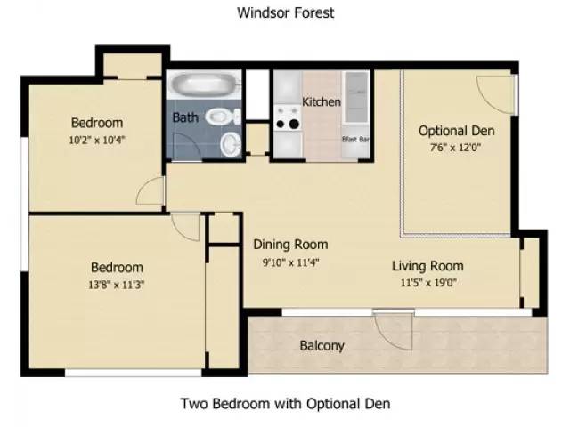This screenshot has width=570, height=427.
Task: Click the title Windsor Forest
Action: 285,12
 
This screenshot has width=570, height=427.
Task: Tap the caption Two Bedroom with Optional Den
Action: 285,402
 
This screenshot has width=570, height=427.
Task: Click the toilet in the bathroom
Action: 220,116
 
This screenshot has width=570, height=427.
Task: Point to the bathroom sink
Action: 230,142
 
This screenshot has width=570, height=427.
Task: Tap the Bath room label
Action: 185,117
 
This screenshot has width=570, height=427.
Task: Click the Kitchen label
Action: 321,101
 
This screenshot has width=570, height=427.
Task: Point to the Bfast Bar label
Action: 355,140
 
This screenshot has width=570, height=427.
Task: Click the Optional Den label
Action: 456,131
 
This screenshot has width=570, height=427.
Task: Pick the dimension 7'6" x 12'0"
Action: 456,149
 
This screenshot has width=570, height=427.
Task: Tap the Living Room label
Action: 427,266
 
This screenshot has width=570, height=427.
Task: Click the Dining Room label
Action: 290,245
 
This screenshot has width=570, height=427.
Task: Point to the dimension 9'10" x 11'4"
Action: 290,262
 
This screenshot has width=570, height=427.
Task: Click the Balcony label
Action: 322,345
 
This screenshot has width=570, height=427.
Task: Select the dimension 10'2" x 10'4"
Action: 97,139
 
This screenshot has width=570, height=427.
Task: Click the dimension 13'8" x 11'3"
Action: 117,285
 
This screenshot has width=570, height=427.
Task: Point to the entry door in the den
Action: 495,91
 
